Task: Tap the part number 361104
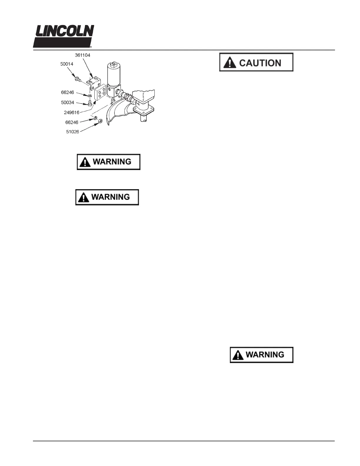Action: coord(83,55)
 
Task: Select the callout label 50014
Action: coord(67,64)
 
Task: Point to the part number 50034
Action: coord(68,103)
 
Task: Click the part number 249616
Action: coord(71,112)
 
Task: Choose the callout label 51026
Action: coord(72,132)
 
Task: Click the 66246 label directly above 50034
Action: coord(67,92)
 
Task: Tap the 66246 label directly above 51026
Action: coord(72,122)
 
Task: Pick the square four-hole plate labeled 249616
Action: coord(100,94)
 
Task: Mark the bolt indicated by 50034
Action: coord(90,104)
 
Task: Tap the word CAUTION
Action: coord(260,63)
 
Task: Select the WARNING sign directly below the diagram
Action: coord(109,162)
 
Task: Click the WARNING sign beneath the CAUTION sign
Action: coord(261,355)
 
